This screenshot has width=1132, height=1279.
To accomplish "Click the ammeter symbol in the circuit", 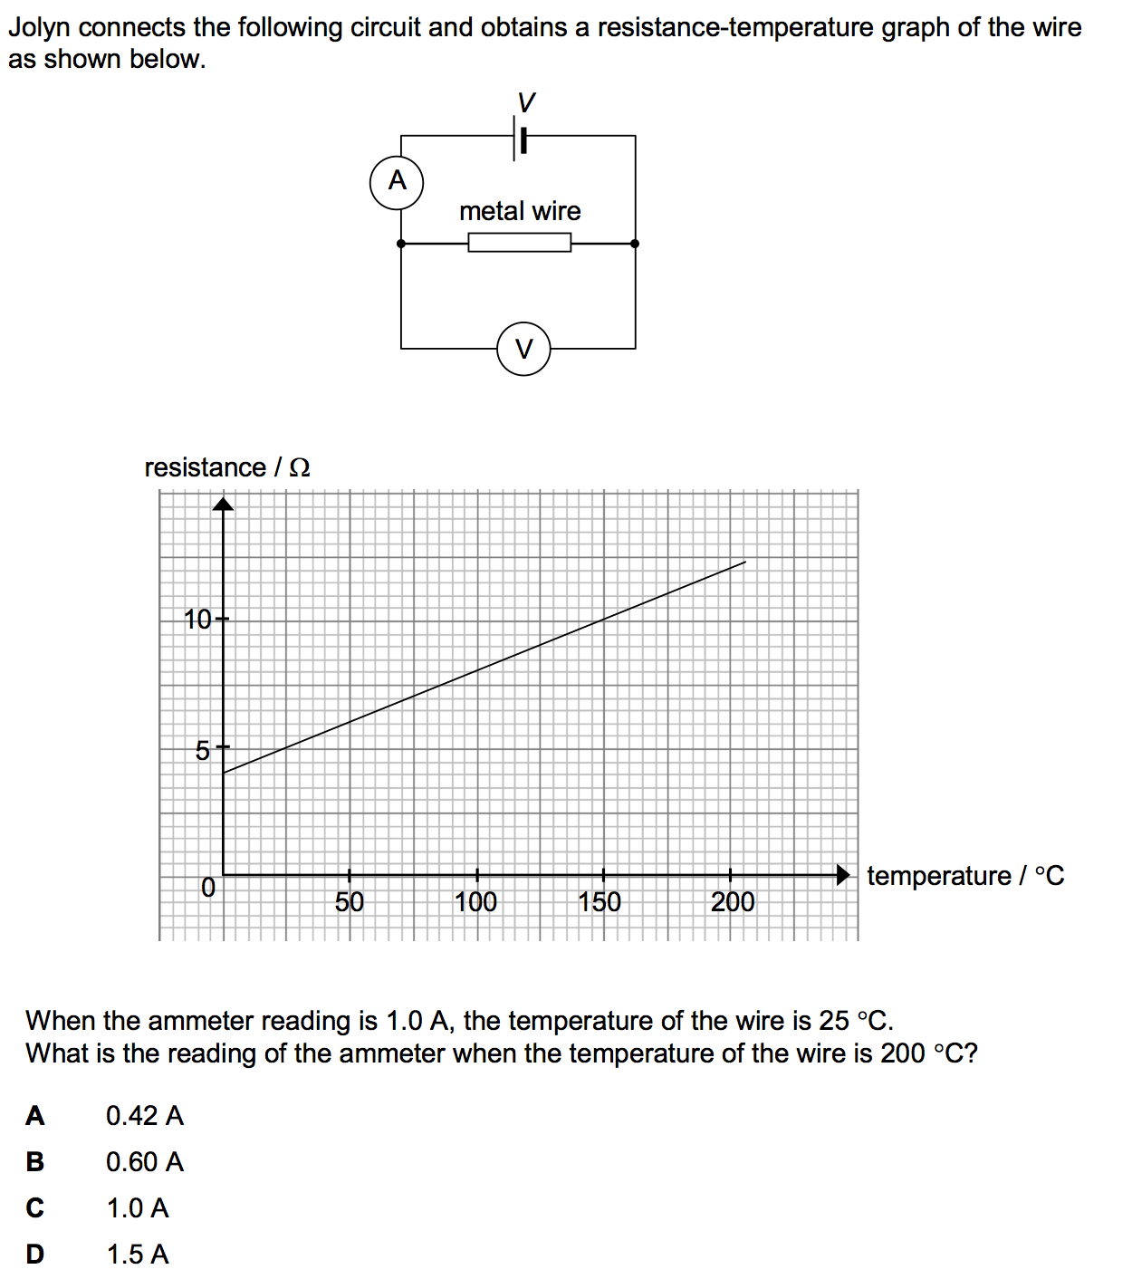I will [397, 181].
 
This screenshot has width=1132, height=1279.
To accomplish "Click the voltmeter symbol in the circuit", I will [523, 348].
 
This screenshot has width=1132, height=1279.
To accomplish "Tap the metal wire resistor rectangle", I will [519, 243].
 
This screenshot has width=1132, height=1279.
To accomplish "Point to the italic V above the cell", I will [525, 101].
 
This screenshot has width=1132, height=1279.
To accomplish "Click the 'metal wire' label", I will [520, 211].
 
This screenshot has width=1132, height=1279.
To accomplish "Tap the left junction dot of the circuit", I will [401, 243].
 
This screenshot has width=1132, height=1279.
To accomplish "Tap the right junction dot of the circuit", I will [635, 243].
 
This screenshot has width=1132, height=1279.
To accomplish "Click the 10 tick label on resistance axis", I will [197, 620].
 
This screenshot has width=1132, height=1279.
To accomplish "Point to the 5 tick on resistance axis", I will [203, 750].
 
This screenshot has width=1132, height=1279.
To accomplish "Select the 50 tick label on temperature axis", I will [350, 901].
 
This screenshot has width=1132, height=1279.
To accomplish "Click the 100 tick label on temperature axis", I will [475, 901].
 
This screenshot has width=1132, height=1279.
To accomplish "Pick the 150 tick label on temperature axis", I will [600, 901].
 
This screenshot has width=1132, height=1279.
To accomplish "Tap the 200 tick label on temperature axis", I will [732, 901].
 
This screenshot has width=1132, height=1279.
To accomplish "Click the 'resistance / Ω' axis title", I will [227, 467].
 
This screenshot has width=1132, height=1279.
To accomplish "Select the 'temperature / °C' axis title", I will [965, 876].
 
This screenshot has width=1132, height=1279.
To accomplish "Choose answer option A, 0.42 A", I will [144, 1116].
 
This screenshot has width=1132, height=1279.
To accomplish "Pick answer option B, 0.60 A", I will [144, 1162].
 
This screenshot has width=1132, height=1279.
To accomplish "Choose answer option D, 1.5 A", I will [138, 1255].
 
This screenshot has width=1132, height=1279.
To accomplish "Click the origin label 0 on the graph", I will [208, 888].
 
